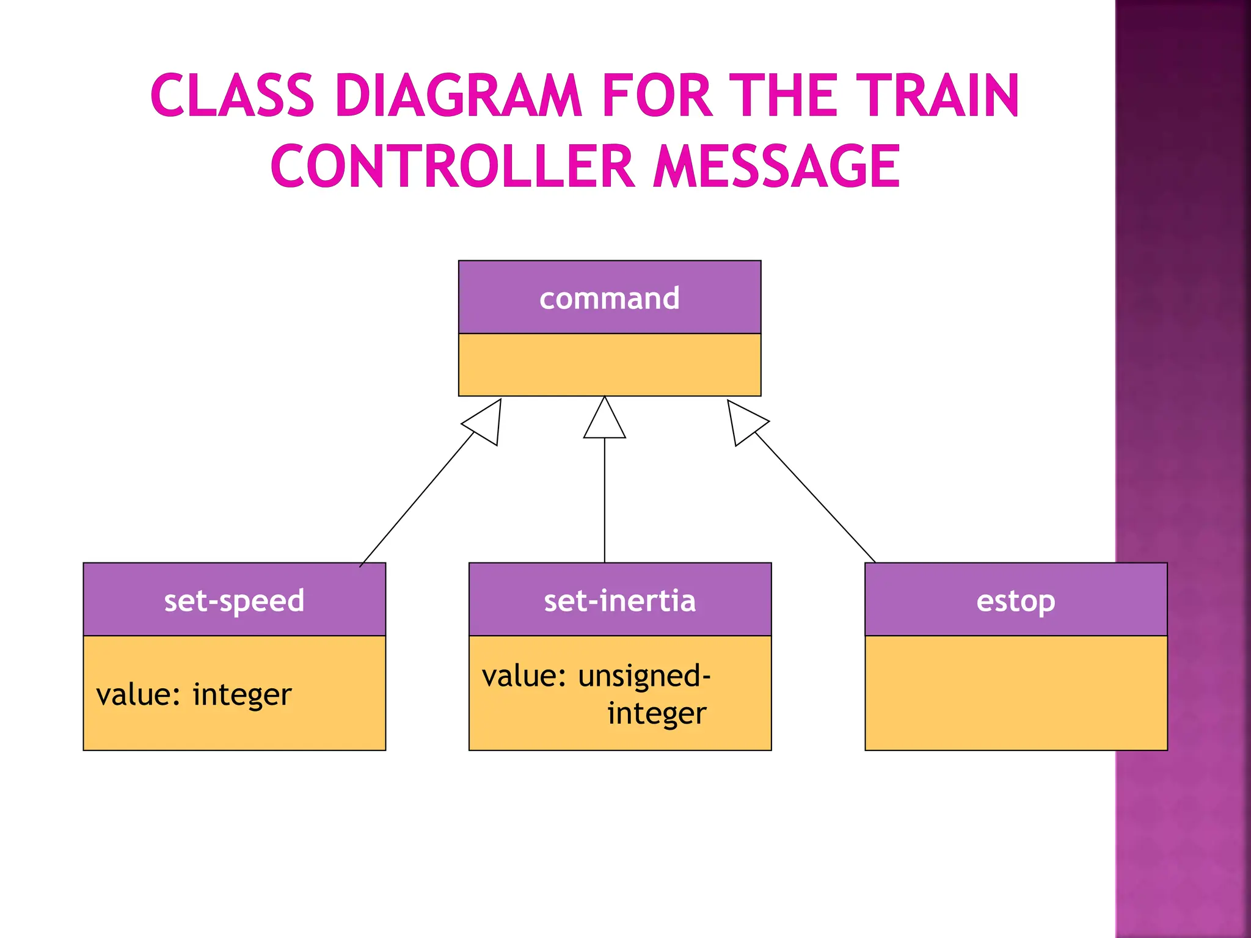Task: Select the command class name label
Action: [x=609, y=299]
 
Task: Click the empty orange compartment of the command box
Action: [x=609, y=365]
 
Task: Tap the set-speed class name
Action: [x=234, y=600]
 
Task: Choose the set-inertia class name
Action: [x=619, y=600]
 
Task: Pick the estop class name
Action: [x=1015, y=601]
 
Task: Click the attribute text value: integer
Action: [x=194, y=695]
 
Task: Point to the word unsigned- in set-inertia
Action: [x=644, y=676]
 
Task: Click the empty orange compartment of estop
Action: [x=1015, y=693]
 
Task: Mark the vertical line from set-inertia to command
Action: [x=604, y=501]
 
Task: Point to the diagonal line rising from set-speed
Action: [x=417, y=500]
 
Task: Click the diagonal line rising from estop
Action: [x=815, y=497]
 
